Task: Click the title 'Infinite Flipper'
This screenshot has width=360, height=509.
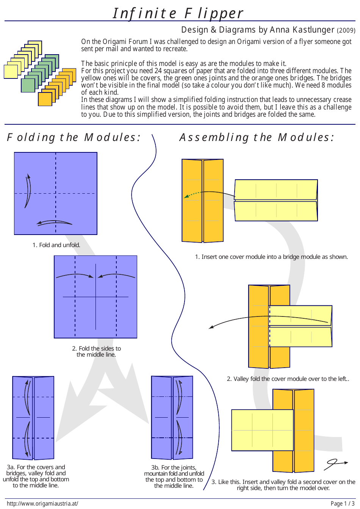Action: pos(178,13)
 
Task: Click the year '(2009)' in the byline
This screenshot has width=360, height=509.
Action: pos(346,30)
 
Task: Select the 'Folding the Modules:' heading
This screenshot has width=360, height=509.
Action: pos(74,137)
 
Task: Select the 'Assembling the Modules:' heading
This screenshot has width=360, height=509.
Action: pos(257,137)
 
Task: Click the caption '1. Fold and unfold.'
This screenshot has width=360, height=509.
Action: pos(56,245)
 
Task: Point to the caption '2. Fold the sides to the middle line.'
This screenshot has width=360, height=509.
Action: pos(96,351)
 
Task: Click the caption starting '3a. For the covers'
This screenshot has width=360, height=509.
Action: pos(36,476)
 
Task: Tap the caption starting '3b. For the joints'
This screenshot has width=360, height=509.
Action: pos(174,476)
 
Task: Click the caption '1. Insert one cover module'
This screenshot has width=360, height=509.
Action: pos(271,257)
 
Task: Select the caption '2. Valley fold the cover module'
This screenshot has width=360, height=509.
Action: pos(288,379)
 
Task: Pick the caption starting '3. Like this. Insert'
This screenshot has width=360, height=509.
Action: pos(283,485)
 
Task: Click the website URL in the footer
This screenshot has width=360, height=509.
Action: pos(42,503)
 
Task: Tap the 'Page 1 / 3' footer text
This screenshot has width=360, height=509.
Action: pos(343,503)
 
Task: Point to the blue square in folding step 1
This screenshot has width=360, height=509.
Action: pos(56,193)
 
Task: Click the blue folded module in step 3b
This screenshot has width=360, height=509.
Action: pos(172,418)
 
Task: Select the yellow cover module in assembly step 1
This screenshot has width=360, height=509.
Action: pos(276,200)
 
